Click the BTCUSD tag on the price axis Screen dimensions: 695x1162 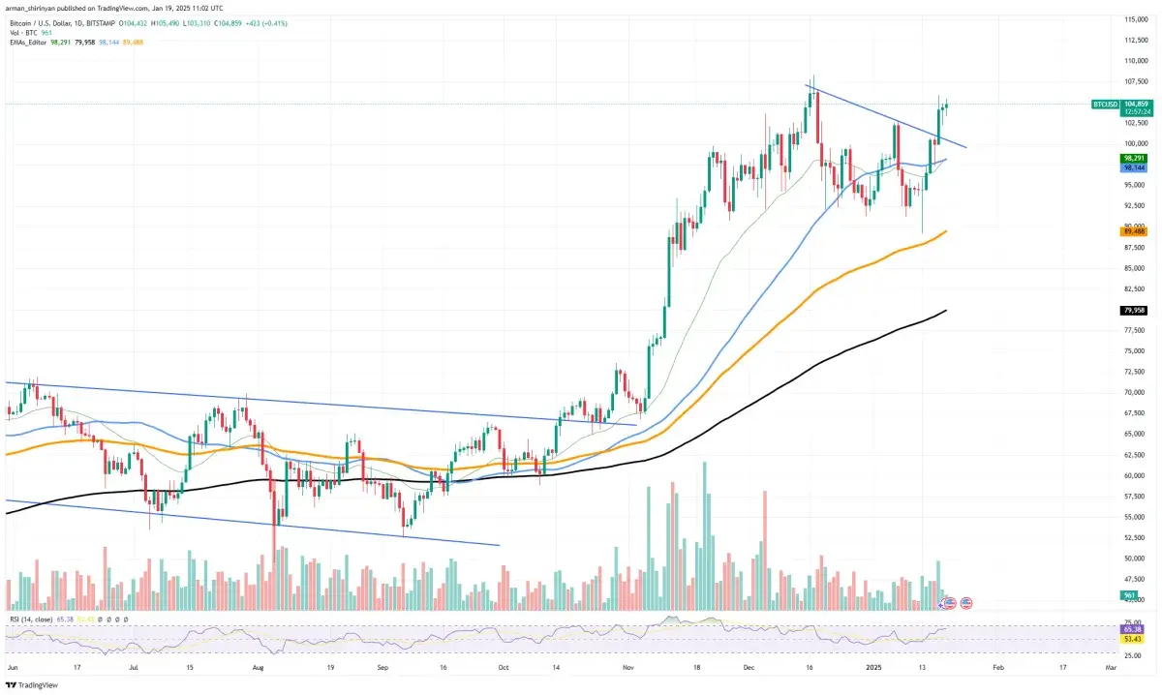click(x=1106, y=104)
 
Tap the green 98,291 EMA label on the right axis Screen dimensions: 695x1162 click(x=1134, y=158)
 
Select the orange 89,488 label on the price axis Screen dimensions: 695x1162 click(x=1134, y=231)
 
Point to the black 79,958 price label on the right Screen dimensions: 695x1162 click(x=1134, y=310)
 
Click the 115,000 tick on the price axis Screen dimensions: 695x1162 click(x=1135, y=19)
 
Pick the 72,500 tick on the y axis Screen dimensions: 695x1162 click(x=1134, y=372)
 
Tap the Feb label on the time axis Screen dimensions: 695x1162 click(x=997, y=668)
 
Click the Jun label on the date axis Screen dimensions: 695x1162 click(x=12, y=668)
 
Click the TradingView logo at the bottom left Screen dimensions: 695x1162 click(x=31, y=684)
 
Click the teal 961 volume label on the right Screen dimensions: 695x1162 click(x=1128, y=594)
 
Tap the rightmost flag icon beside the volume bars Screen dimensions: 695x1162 click(x=966, y=603)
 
